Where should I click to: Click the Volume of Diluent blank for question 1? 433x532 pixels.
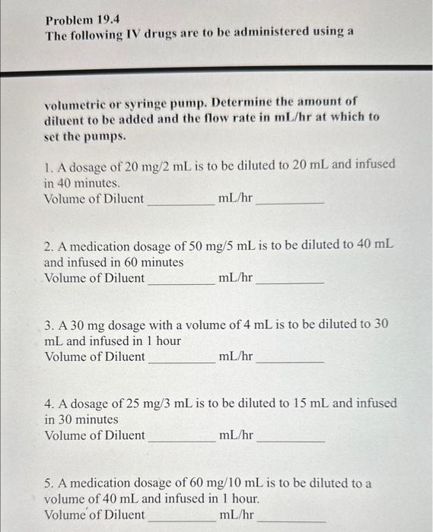(180, 201)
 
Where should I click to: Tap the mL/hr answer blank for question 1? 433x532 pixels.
(290, 201)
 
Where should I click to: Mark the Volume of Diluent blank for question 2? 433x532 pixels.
(180, 281)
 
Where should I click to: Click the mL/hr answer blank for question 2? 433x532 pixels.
(290, 281)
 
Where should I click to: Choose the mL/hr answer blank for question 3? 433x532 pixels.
(290, 360)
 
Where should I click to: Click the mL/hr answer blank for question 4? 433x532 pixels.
(290, 439)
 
